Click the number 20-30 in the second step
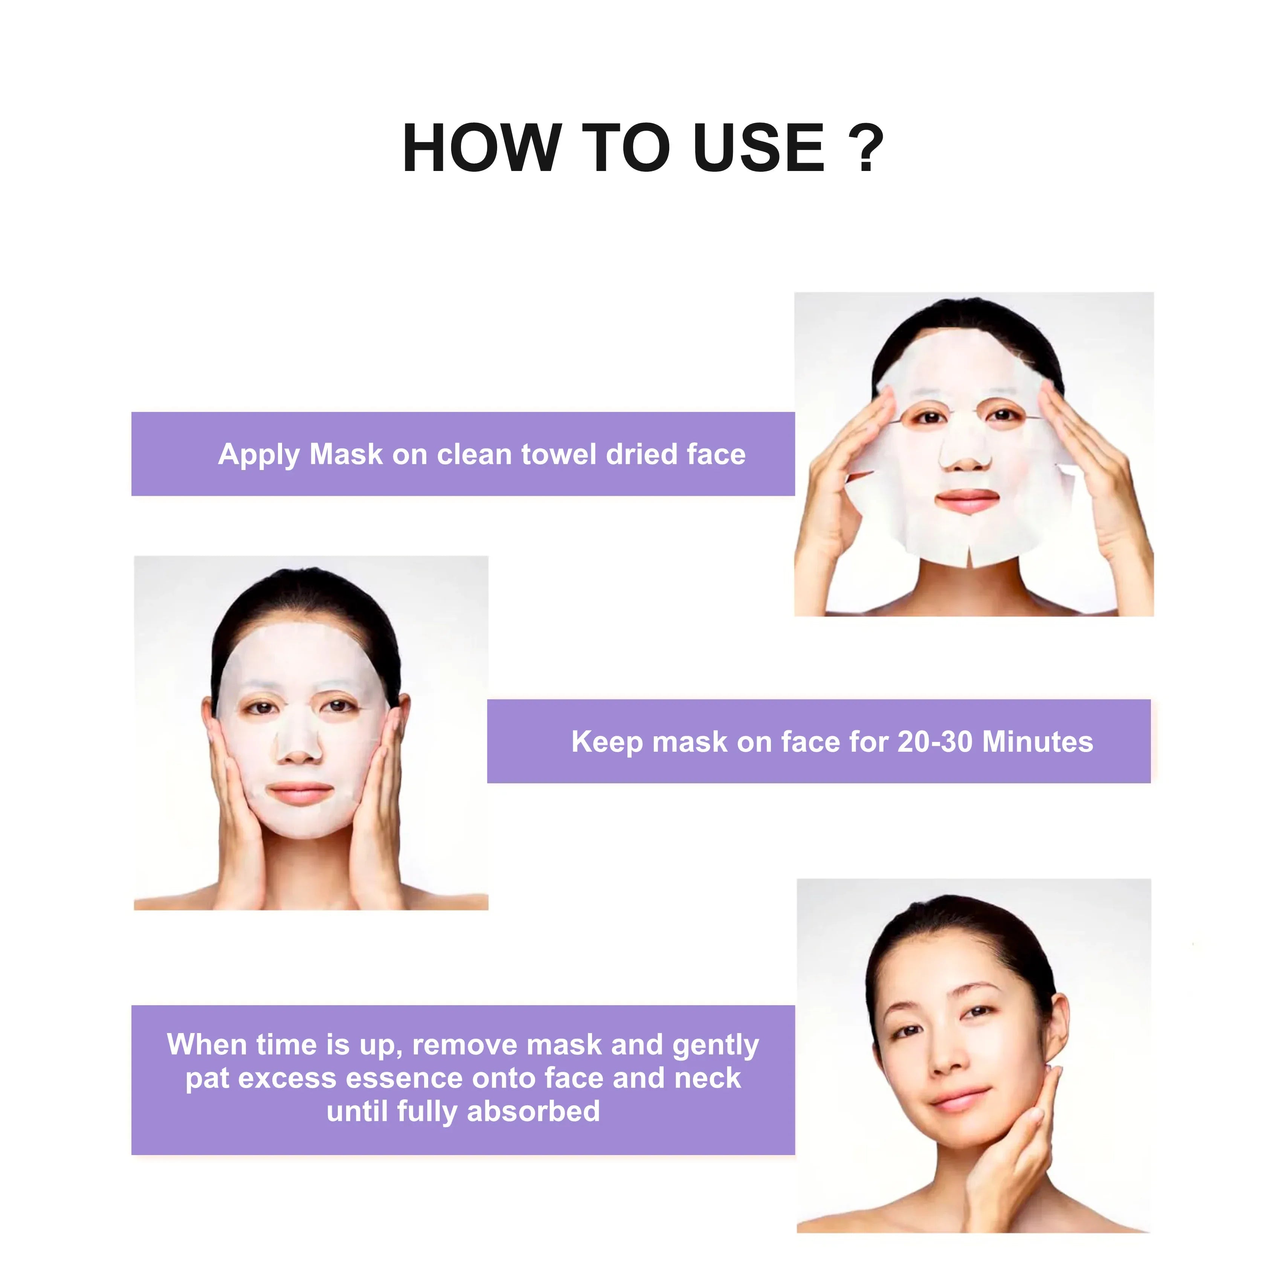point(935,742)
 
